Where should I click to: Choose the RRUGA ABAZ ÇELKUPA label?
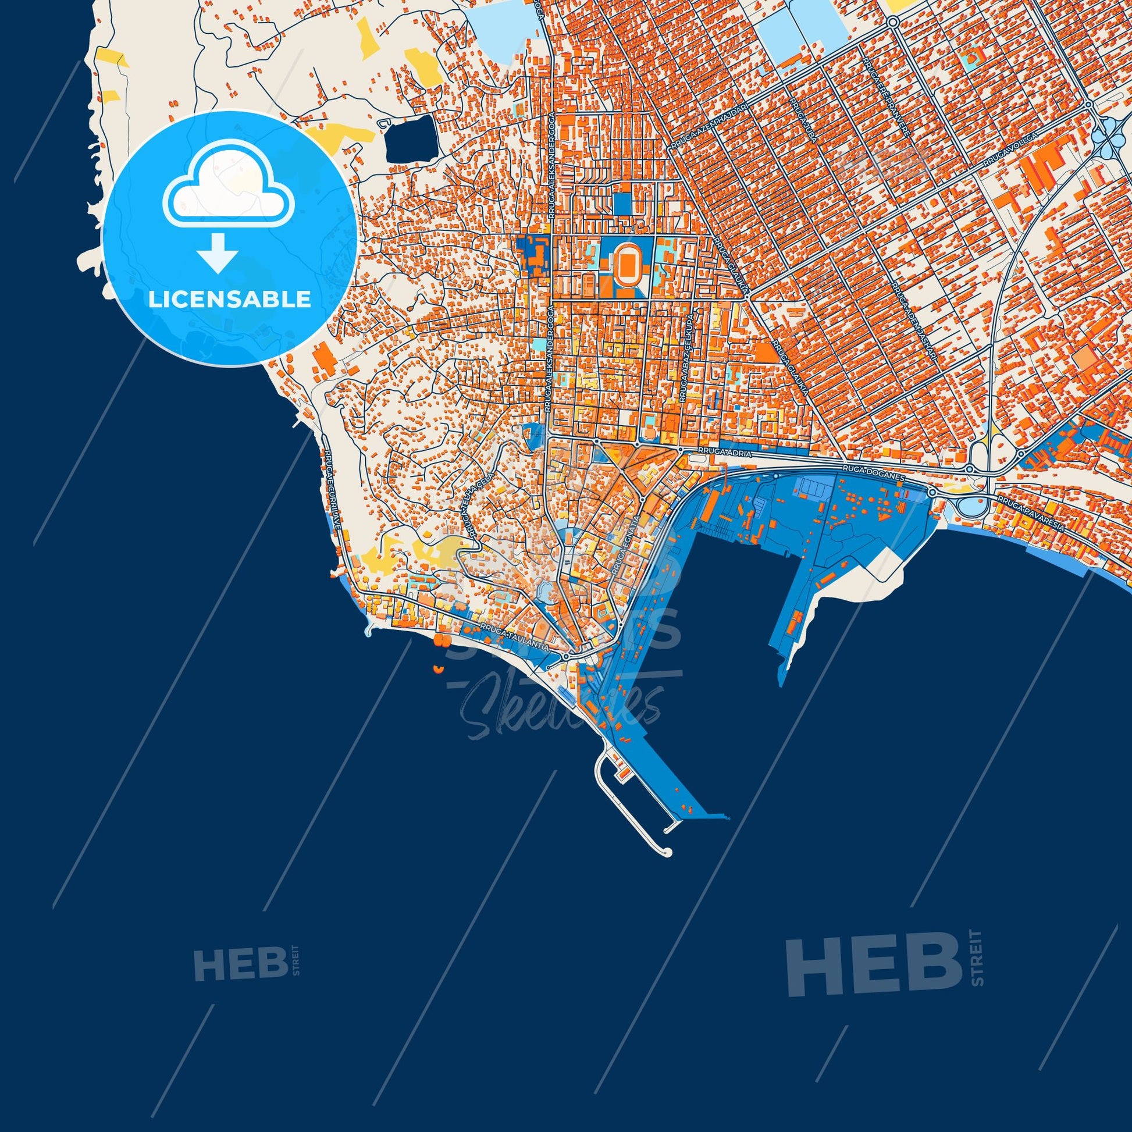point(686,365)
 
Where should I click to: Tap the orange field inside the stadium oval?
point(625,270)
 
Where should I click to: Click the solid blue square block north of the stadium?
point(622,203)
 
